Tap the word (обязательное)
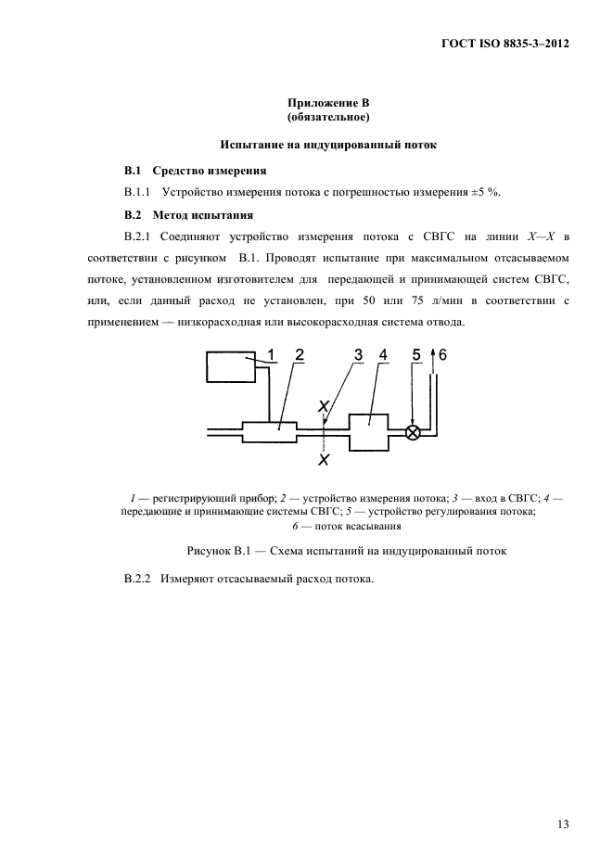coord(329,119)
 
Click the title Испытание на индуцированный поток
coord(328,145)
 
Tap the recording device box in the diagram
coord(232,368)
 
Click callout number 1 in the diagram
coord(272,354)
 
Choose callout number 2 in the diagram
coord(300,354)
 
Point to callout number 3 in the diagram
coord(358,354)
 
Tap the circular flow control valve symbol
coord(415,432)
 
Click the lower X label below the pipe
coord(323,459)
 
